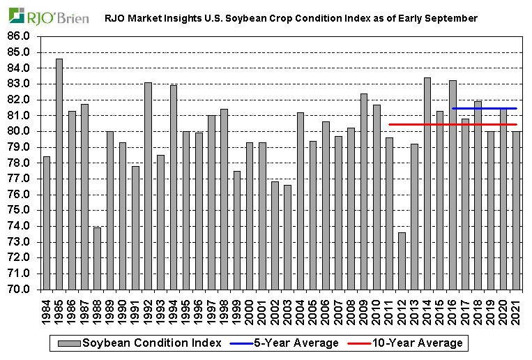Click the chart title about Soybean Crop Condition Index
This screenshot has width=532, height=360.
pyautogui.click(x=291, y=18)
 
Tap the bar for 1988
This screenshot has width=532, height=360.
pyautogui.click(x=98, y=257)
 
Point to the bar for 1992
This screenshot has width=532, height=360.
pyautogui.click(x=148, y=186)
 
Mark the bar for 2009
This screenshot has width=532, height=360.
pyautogui.click(x=364, y=191)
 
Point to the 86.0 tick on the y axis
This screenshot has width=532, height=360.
pyautogui.click(x=21, y=36)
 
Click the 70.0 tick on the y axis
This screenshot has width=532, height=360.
pyautogui.click(x=21, y=289)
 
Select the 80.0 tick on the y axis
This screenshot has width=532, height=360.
pyautogui.click(x=21, y=131)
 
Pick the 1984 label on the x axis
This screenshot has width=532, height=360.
pyautogui.click(x=47, y=308)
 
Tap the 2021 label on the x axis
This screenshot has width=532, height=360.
pyautogui.click(x=517, y=308)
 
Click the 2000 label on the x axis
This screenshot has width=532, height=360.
pyautogui.click(x=250, y=308)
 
